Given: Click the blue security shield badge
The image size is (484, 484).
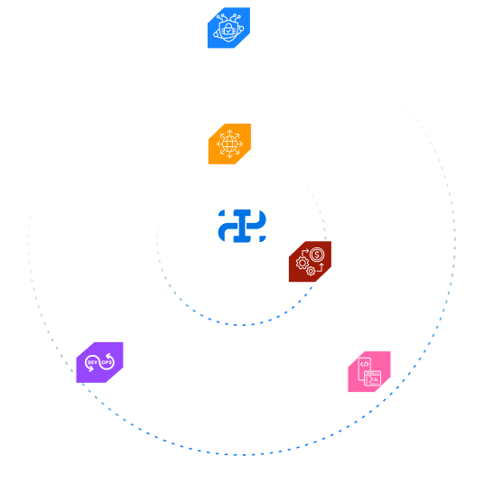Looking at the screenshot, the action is (228, 28).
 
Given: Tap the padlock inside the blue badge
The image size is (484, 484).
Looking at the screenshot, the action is (228, 29).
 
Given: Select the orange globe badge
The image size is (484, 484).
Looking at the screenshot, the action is (229, 144).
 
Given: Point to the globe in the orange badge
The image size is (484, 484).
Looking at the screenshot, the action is (229, 144).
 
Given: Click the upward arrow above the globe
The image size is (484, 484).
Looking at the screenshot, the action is (229, 133).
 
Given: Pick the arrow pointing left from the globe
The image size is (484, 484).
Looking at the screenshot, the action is (219, 144).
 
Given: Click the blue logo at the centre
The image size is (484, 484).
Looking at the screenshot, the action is (242, 226).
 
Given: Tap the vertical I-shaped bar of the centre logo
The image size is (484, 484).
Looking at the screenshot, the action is (242, 226).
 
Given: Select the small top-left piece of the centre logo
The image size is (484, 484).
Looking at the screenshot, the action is (221, 213).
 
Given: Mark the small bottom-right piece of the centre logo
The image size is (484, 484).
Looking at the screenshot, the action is (263, 239).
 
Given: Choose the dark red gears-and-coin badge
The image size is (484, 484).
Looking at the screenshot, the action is (311, 262).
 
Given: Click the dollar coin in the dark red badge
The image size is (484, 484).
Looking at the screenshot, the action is (317, 255).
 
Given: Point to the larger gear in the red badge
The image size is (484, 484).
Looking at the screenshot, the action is (302, 263).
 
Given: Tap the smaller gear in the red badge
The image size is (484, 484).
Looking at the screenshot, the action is (311, 271).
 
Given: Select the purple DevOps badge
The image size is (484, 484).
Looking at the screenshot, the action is (99, 362).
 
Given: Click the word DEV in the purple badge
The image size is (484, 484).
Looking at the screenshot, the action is (93, 362).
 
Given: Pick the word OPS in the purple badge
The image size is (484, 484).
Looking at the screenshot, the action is (107, 362).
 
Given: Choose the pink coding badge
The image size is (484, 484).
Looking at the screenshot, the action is (369, 372).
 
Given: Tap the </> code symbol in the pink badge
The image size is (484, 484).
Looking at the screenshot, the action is (365, 364).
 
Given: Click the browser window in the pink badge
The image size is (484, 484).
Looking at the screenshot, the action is (373, 378).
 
